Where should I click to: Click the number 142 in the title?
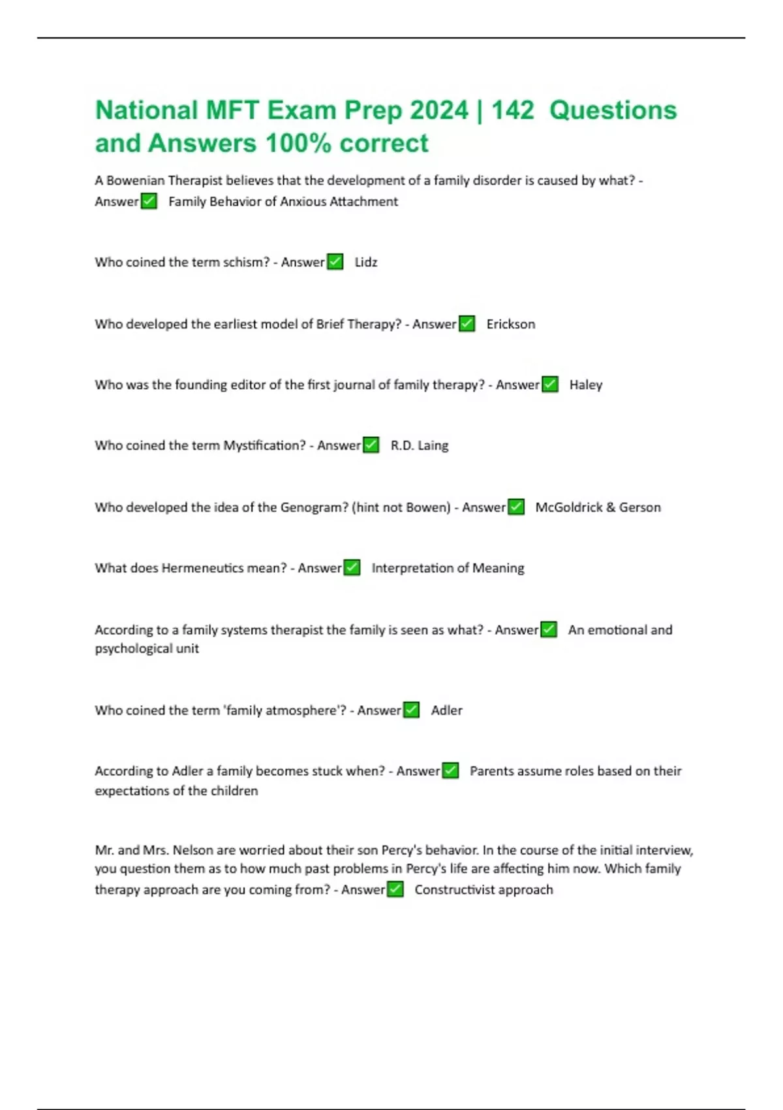(513, 110)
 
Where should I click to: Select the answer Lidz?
(366, 262)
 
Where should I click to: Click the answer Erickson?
(510, 325)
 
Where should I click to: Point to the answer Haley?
(585, 385)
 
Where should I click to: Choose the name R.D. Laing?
(419, 446)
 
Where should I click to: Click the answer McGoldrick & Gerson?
(598, 507)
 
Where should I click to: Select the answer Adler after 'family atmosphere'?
(446, 710)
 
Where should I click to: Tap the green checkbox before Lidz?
(335, 262)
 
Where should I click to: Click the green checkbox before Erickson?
(467, 324)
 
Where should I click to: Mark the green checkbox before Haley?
(551, 385)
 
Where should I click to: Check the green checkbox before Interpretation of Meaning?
(352, 568)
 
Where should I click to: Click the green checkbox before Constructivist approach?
(395, 889)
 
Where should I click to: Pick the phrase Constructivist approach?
(484, 890)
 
